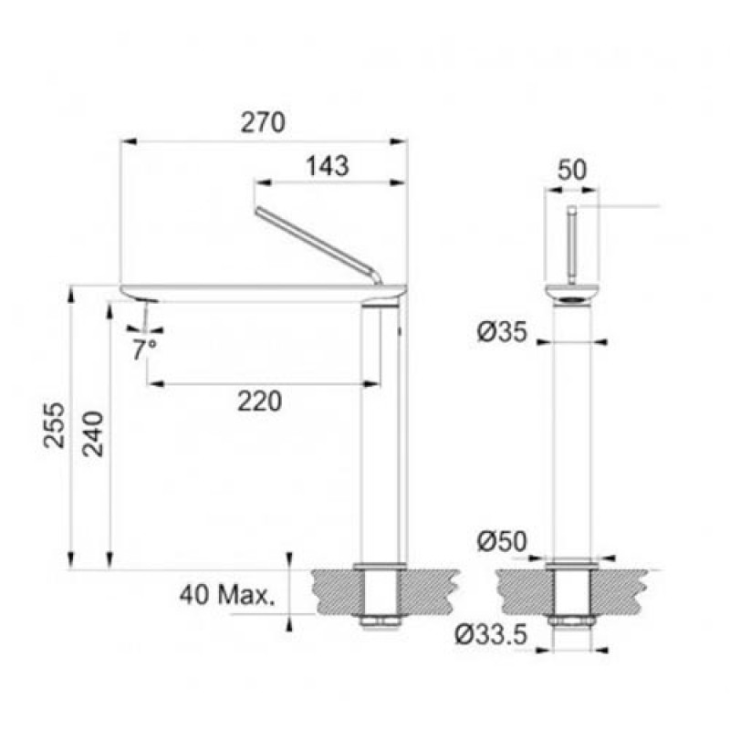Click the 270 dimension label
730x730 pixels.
click(263, 122)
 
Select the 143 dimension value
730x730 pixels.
click(328, 166)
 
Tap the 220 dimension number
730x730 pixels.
click(260, 401)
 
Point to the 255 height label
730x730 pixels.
click(55, 425)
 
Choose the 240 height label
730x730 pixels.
click(93, 434)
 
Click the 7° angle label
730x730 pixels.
click(144, 350)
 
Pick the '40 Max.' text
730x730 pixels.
click(227, 595)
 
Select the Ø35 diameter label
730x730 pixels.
click(502, 332)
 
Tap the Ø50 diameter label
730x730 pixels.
click(502, 541)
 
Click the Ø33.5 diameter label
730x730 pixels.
click(491, 634)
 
